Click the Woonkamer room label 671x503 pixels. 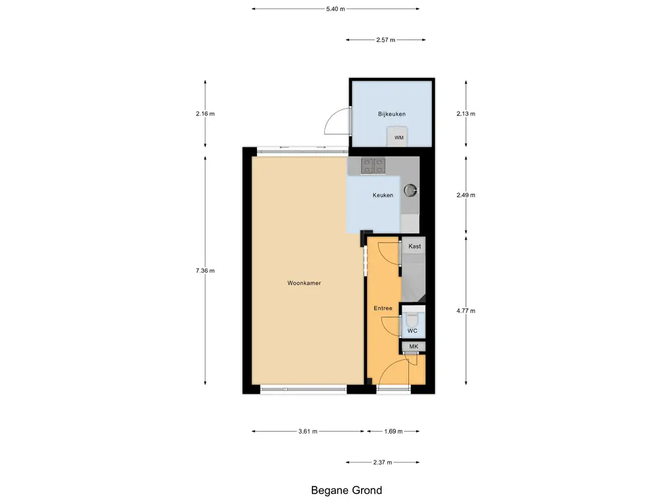(303, 284)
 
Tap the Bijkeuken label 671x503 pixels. (391, 114)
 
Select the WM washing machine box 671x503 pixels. (398, 138)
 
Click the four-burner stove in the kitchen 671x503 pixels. (373, 166)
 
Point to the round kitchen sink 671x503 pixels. (410, 190)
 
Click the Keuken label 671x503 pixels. (383, 195)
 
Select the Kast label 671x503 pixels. (414, 246)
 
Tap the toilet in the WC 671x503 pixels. (412, 320)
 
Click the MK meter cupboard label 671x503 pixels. (413, 346)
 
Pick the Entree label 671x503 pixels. (383, 308)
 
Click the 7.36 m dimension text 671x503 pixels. (205, 270)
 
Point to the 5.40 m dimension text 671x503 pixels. (335, 9)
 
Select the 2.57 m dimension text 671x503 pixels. (385, 40)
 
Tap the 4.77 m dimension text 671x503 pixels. (465, 311)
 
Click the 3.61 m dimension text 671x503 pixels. (307, 432)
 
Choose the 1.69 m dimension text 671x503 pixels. (393, 432)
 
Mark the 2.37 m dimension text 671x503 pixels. (382, 462)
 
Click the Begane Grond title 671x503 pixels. (346, 490)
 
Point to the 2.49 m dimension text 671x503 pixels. (465, 195)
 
